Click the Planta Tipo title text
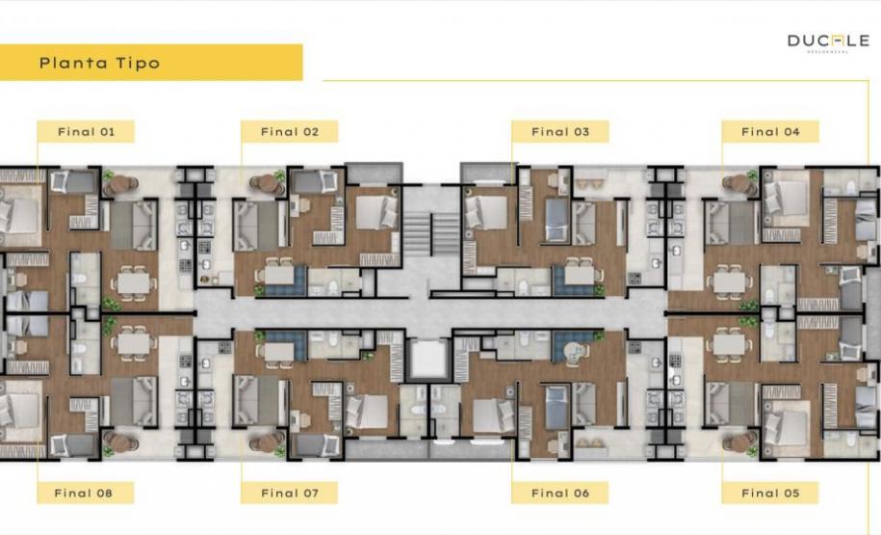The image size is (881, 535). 99,64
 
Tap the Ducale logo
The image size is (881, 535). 828,41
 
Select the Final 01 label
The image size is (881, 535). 86,132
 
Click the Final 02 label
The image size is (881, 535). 289,132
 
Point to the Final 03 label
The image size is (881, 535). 559,132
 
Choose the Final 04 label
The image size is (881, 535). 770,132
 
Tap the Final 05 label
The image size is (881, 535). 770,493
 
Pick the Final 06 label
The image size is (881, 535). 559,493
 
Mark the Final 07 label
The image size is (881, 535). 289,493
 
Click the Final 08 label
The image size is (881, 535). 86,493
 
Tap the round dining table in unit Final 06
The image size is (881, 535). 576,351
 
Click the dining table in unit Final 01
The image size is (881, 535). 134,281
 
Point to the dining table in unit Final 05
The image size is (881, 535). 729,344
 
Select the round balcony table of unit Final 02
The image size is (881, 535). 264,182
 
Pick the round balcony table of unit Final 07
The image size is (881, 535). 264,441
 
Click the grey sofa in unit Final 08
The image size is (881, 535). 133,399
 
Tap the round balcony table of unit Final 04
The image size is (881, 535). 739,182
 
